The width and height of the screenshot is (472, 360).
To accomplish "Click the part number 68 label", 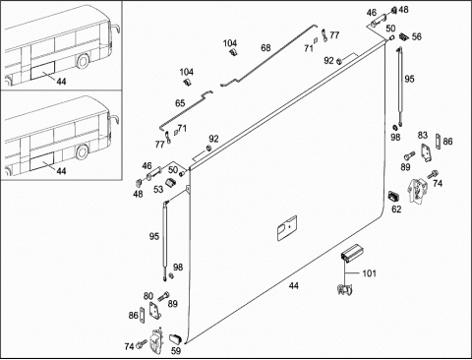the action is point(265,48).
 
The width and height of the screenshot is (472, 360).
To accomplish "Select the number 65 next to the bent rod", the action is point(180,103).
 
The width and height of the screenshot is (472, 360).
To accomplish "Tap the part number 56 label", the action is point(416,36).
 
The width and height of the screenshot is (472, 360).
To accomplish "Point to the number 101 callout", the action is point(369,273).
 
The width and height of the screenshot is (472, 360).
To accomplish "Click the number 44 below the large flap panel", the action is point(294,286).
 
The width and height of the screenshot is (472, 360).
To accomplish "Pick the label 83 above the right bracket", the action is point(423,135).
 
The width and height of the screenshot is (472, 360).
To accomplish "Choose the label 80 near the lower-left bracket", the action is point(148,296).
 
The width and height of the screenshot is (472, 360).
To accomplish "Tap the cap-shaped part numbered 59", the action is point(175,338).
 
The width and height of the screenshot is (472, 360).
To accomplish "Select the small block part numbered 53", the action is point(170,182).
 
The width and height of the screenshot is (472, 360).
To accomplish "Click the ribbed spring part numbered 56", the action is point(403,36).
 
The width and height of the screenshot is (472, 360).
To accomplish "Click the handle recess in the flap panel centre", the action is point(287,228).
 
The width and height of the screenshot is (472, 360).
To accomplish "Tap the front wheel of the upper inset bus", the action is point(84,61).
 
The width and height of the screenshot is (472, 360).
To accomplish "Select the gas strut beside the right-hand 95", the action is point(400,87).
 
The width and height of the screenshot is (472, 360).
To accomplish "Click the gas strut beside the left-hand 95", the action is point(164,241).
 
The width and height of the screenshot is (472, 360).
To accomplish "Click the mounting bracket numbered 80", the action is point(154,310).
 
